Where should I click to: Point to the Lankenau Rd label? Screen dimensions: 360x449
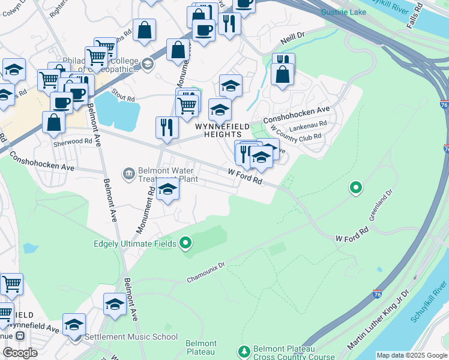tap(307, 125)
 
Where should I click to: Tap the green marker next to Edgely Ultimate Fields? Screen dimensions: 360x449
tap(185, 243)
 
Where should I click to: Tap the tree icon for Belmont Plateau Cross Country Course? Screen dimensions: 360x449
tap(244, 350)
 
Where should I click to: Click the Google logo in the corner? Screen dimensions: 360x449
tap(20, 353)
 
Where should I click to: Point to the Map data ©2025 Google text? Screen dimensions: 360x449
tap(412, 355)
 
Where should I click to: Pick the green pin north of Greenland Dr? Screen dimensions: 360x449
tap(356, 188)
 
